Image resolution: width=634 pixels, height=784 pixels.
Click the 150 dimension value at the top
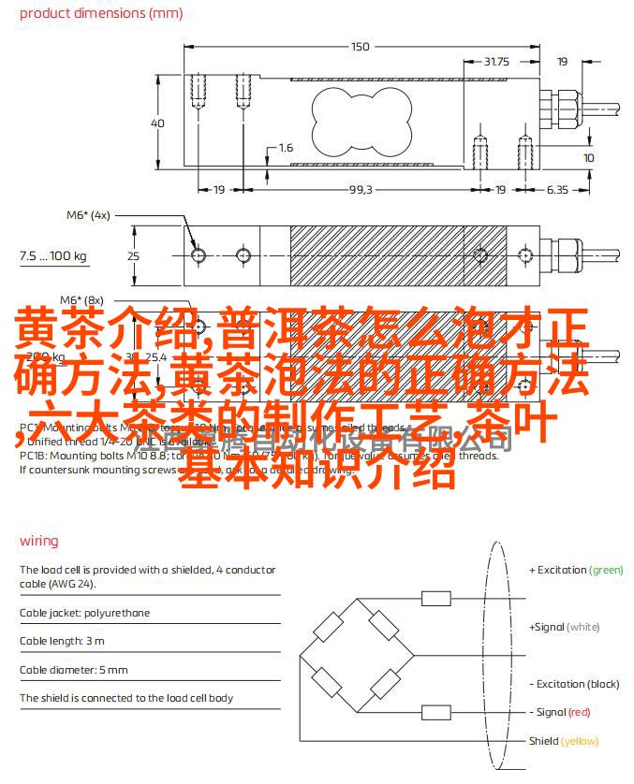point(360,47)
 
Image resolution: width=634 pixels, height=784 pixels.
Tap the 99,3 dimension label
point(361,189)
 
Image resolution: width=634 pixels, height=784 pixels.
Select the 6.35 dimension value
point(556,189)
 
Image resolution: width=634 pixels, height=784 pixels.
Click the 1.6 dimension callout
point(286,148)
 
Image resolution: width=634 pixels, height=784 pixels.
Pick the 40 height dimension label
point(157,123)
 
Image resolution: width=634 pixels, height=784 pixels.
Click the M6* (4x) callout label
point(88,214)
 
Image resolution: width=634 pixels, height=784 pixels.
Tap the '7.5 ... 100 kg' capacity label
point(53,255)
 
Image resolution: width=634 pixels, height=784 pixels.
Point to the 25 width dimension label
point(134,255)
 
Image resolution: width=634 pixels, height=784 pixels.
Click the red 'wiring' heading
point(38,541)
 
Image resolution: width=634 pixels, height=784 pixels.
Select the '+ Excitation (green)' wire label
point(575,570)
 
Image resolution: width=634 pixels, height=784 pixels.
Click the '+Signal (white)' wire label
point(564,627)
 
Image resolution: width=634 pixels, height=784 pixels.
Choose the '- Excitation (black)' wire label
point(574,684)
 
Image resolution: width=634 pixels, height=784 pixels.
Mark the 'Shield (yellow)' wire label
point(563,741)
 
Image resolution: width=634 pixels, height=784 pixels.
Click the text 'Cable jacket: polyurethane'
point(85,613)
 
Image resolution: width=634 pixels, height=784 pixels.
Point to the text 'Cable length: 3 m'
point(62,641)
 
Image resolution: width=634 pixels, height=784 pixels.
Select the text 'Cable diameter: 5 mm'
point(73,670)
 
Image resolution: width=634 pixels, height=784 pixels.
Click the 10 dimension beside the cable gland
point(588,158)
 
